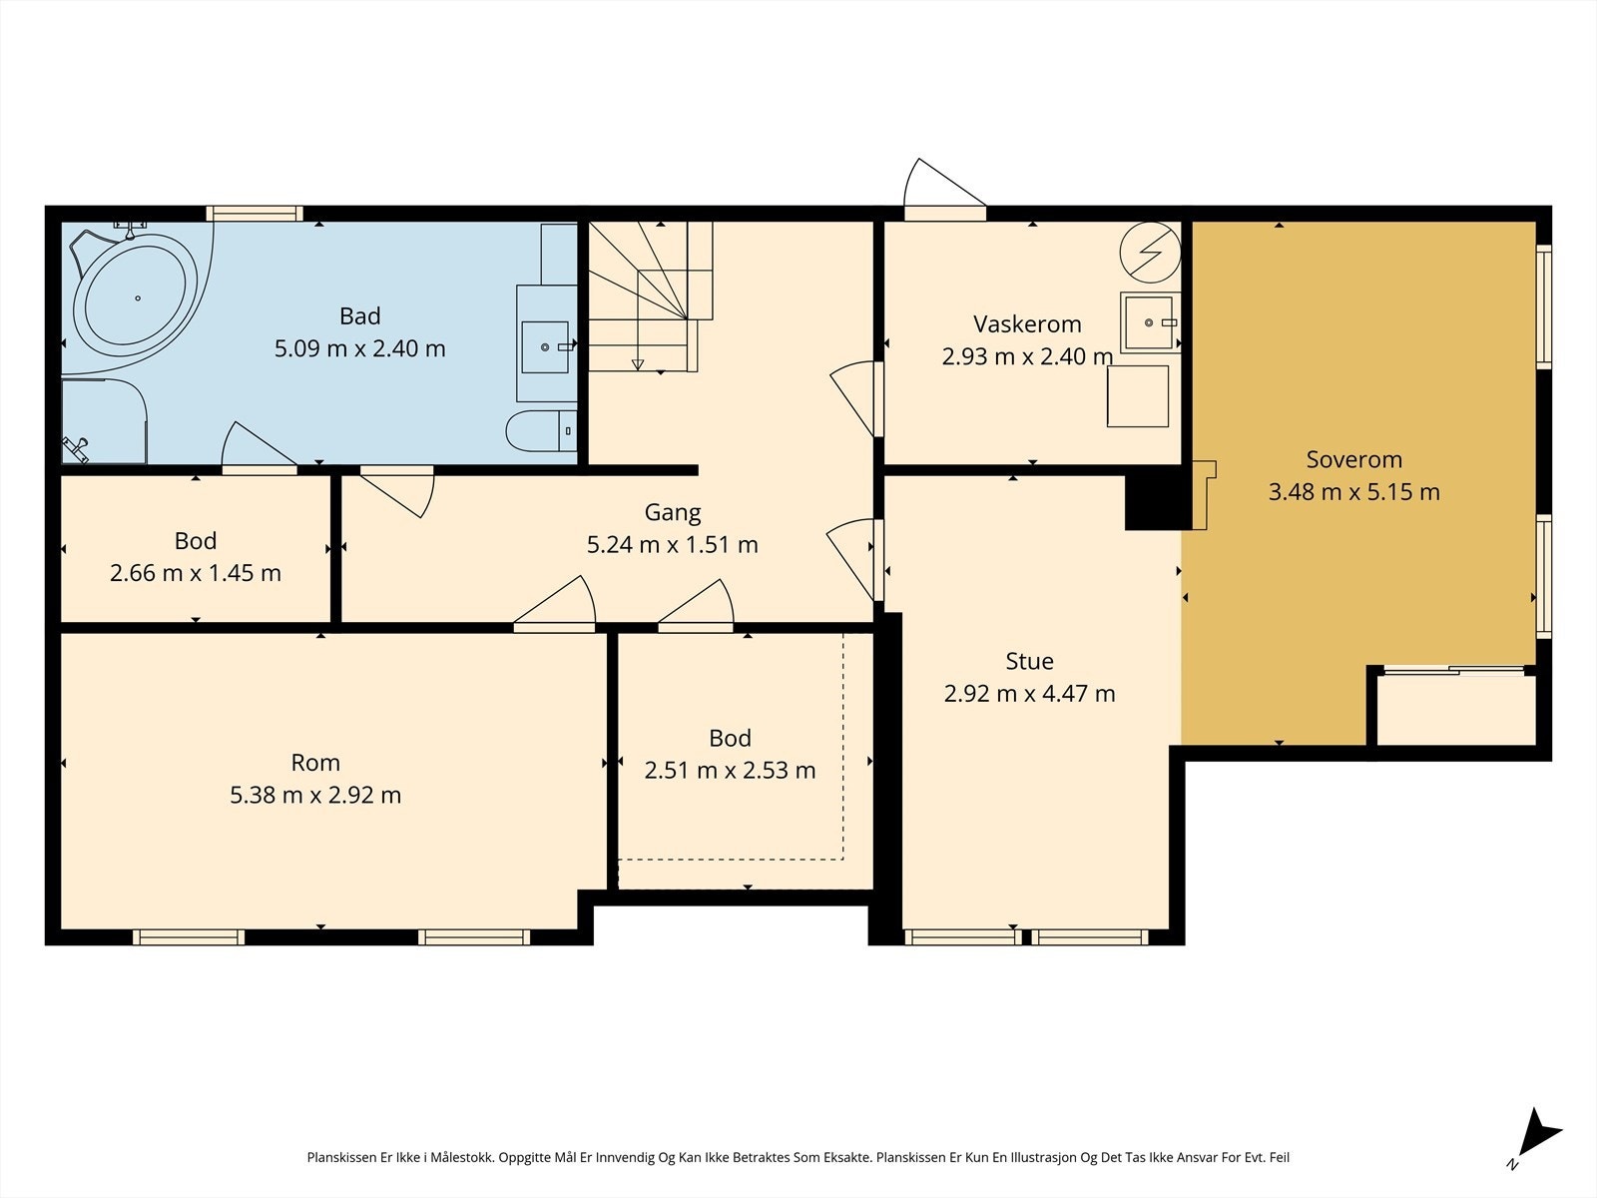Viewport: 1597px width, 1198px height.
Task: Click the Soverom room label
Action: [1354, 459]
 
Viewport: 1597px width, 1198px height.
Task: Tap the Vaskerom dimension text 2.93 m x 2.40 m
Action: [1027, 356]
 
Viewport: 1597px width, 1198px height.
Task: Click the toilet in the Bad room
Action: [541, 430]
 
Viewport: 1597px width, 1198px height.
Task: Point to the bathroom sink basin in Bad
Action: [545, 347]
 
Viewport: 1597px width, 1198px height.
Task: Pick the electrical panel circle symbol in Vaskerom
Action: [1150, 252]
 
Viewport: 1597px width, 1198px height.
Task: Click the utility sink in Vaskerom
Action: [1150, 322]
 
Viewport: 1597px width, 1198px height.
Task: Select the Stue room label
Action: [1029, 661]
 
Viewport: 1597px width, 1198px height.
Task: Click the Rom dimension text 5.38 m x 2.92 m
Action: [315, 795]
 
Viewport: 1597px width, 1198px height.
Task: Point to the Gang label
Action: [673, 513]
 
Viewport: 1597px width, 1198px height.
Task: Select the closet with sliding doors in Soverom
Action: [1456, 707]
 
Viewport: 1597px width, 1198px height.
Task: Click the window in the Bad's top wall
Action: [254, 213]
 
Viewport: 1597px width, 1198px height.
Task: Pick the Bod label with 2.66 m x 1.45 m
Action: [196, 541]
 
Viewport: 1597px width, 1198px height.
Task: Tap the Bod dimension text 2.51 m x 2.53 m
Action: [730, 771]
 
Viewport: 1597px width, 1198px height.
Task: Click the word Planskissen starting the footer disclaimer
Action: [342, 1157]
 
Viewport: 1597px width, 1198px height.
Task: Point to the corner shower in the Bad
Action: [104, 420]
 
